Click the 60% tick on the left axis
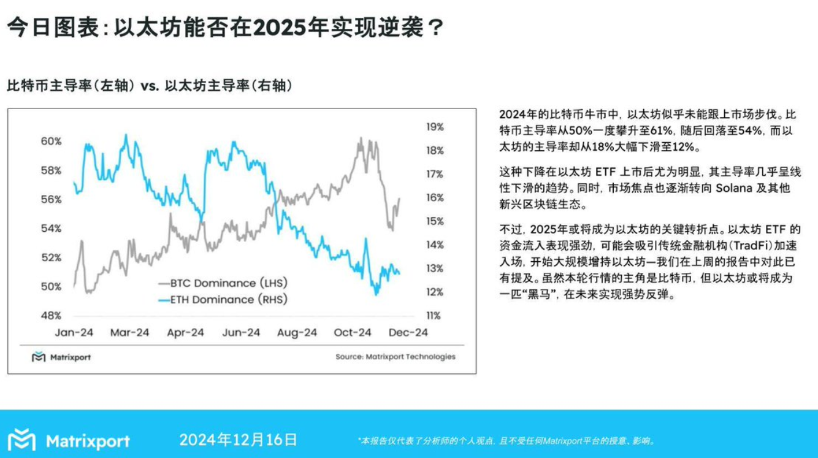click(x=51, y=141)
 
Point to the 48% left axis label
click(x=51, y=316)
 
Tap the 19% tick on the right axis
click(x=434, y=127)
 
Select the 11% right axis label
click(x=434, y=316)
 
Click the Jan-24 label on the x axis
click(x=74, y=333)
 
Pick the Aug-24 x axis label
click(x=297, y=333)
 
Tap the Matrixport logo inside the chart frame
click(x=61, y=357)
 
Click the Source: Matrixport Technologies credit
click(x=395, y=357)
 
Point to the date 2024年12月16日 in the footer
click(x=238, y=440)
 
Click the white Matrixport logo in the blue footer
click(x=69, y=441)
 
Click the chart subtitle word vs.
click(x=150, y=86)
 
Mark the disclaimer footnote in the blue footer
click(x=506, y=441)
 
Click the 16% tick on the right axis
click(x=434, y=198)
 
